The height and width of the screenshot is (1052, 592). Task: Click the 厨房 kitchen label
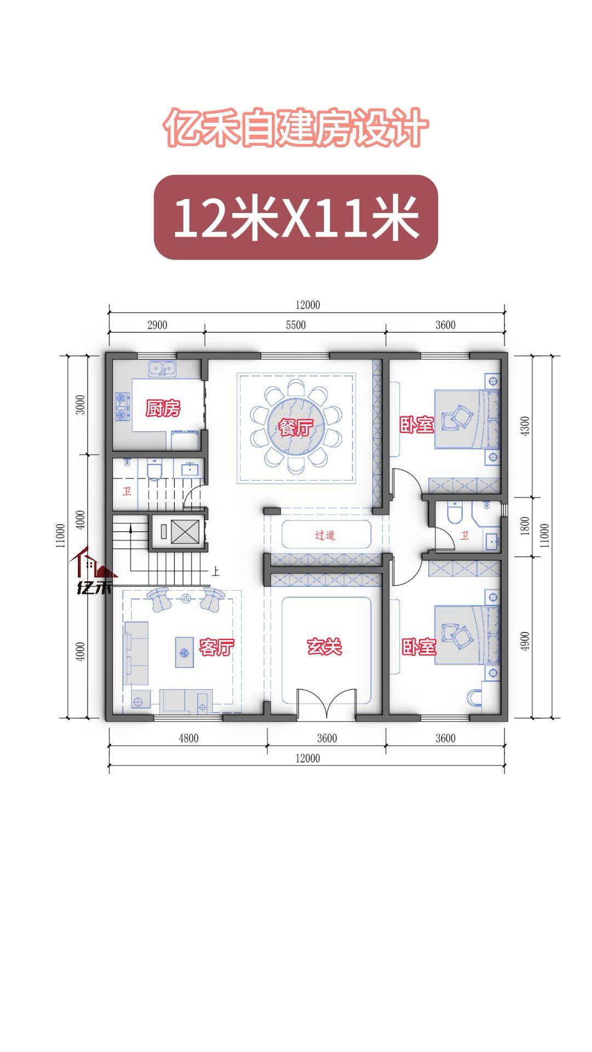coord(163,408)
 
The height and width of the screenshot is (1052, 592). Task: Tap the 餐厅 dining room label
coord(296,427)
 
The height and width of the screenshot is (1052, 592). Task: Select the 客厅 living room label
coord(217,647)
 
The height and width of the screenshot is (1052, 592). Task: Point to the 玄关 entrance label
coord(324,647)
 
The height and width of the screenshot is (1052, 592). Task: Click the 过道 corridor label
coord(325,535)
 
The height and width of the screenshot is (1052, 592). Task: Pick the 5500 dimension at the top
coord(295,325)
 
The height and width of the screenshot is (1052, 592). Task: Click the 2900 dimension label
coord(157,325)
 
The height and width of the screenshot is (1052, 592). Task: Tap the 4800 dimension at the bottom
coord(189,738)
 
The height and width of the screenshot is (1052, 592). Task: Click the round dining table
coord(296,427)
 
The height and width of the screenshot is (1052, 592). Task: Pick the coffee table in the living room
coord(184,652)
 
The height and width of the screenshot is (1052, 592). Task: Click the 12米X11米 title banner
coord(295,217)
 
